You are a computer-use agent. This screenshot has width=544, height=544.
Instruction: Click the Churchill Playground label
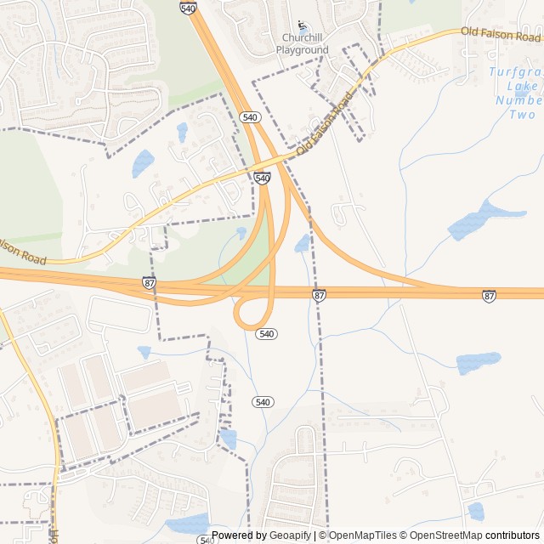[x=302, y=44]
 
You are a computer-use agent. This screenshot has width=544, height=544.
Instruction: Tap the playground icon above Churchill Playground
[x=303, y=26]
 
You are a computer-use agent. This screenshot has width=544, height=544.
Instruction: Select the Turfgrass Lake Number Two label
[x=515, y=93]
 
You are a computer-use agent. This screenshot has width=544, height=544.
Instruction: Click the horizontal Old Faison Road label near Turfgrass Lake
[x=501, y=34]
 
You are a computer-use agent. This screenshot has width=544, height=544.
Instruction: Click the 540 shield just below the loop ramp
[x=267, y=334]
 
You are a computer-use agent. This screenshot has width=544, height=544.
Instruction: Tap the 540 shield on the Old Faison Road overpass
[x=262, y=178]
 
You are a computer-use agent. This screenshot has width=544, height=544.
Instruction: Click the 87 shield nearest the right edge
[x=489, y=296]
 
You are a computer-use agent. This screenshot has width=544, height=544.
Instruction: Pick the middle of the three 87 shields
[x=319, y=295]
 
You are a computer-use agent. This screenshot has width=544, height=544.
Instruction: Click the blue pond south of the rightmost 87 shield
[x=478, y=363]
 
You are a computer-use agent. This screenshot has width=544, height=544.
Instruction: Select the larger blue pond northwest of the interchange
[x=143, y=162]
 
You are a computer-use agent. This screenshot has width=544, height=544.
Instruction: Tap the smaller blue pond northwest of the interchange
[x=182, y=132]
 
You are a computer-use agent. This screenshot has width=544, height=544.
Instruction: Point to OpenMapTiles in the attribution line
[x=361, y=535]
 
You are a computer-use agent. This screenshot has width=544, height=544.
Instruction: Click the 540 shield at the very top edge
[x=188, y=7]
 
